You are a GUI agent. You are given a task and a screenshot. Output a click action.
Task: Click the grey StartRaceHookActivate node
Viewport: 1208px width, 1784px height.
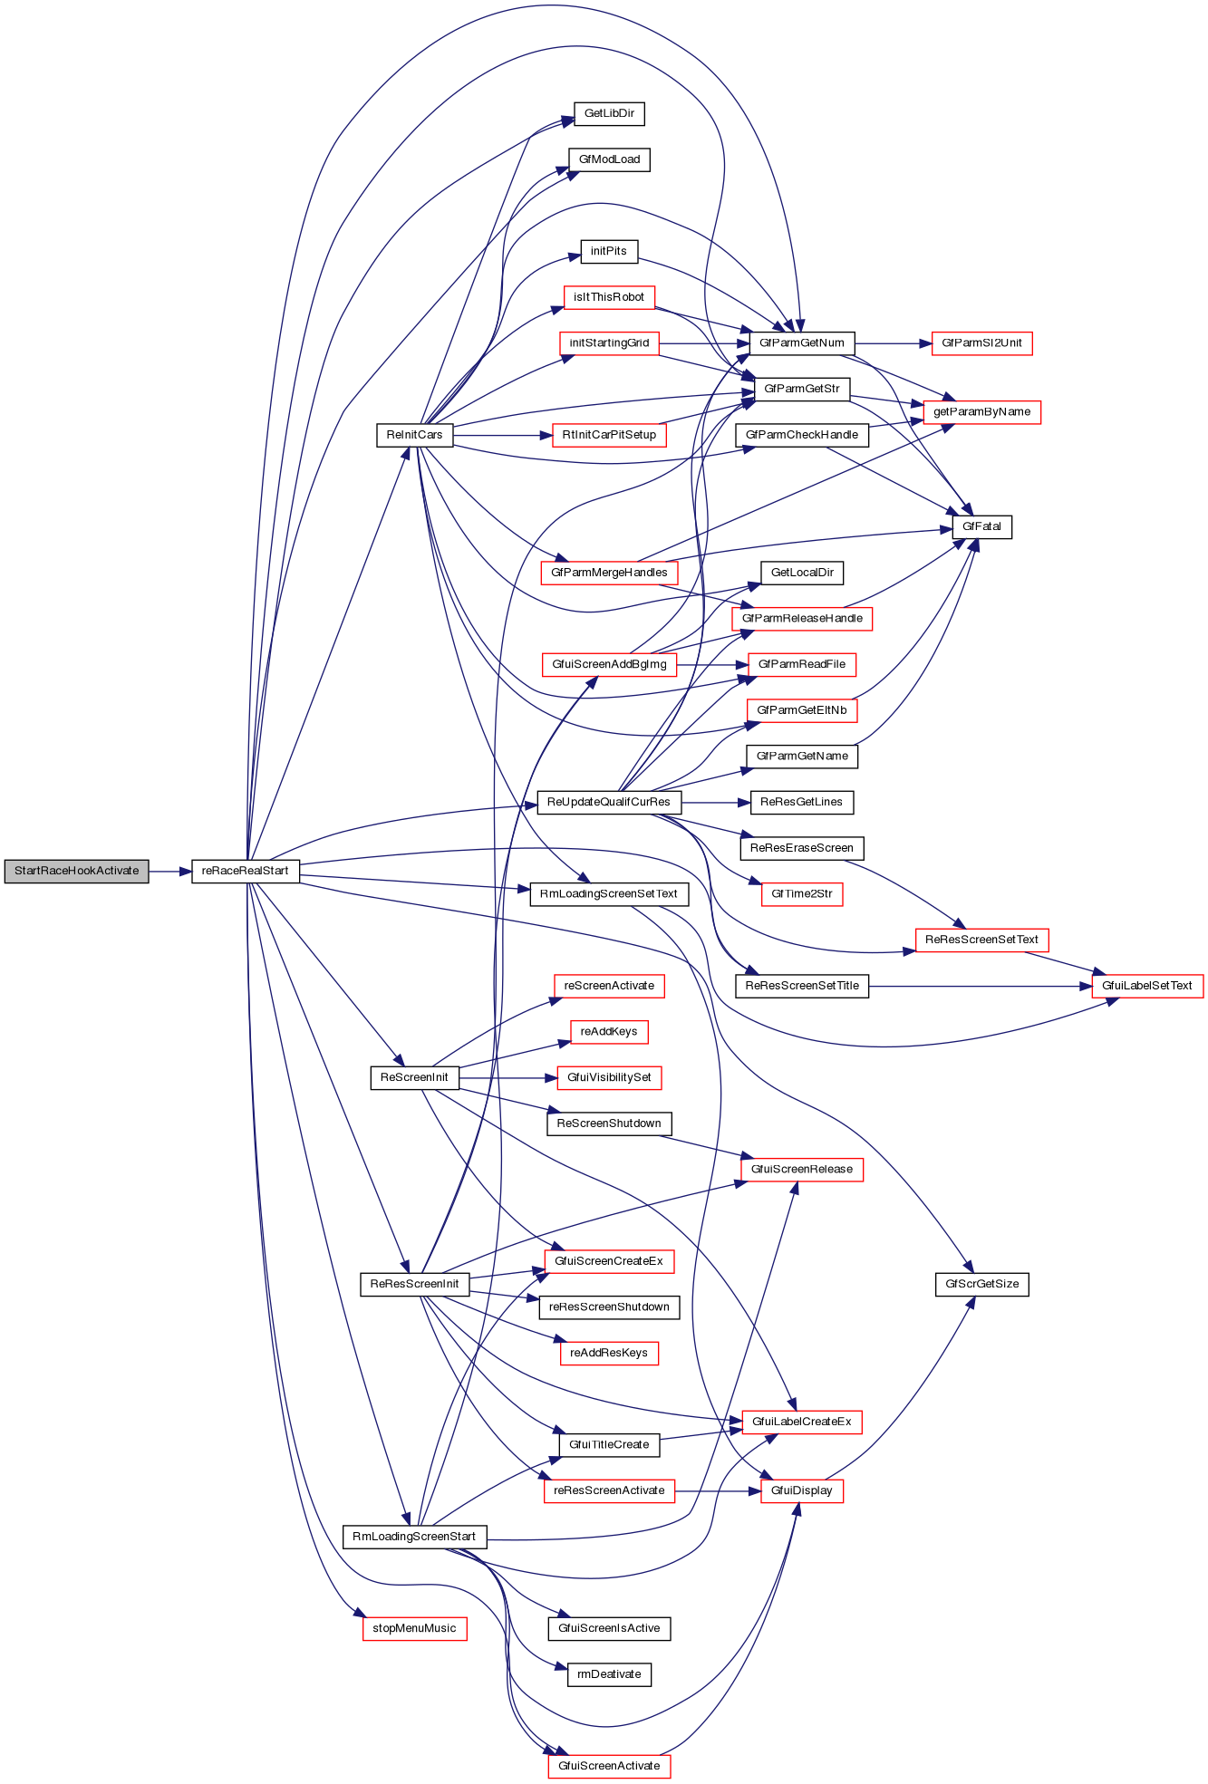coord(76,871)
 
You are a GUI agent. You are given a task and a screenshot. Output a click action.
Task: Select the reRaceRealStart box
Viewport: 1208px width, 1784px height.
coord(245,871)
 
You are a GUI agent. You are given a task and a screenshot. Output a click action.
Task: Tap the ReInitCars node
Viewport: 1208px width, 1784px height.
coord(414,435)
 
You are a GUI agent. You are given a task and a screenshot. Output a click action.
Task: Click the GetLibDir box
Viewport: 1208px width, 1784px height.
coord(609,113)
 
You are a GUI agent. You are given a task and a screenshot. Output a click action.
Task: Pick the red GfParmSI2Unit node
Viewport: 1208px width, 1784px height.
coord(981,343)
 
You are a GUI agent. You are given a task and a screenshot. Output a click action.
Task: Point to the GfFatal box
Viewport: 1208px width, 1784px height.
coord(981,526)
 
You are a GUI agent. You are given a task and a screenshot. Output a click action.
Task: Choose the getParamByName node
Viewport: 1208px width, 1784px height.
coord(981,412)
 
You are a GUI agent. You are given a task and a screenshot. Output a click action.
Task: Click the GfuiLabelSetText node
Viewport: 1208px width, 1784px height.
coord(1146,986)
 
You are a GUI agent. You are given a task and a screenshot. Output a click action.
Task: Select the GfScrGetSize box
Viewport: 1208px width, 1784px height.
coord(981,1284)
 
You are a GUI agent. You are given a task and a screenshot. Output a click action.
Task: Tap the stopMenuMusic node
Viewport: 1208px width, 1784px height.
coord(414,1628)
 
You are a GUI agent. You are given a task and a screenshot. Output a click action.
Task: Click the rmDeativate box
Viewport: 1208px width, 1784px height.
coord(609,1674)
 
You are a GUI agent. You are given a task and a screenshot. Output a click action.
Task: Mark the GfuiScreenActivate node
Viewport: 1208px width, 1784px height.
coord(609,1766)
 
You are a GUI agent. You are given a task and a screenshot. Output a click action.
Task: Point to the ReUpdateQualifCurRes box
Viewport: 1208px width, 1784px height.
coord(609,802)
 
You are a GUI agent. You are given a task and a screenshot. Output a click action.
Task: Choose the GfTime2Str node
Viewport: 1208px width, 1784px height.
coord(802,894)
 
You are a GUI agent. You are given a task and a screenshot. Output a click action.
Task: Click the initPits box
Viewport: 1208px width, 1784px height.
coord(609,251)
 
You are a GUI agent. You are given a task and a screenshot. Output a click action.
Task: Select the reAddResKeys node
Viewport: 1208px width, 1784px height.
coord(609,1353)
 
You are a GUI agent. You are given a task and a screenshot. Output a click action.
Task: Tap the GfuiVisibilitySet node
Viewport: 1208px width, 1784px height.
coord(609,1077)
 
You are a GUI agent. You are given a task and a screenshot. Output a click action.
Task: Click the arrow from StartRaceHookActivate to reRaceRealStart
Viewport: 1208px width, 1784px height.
coord(169,871)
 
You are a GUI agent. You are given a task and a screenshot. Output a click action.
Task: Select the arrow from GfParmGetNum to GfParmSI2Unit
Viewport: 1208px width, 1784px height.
coord(893,343)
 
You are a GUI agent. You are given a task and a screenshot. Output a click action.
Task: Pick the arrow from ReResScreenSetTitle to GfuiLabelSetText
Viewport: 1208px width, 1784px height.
coord(979,986)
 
